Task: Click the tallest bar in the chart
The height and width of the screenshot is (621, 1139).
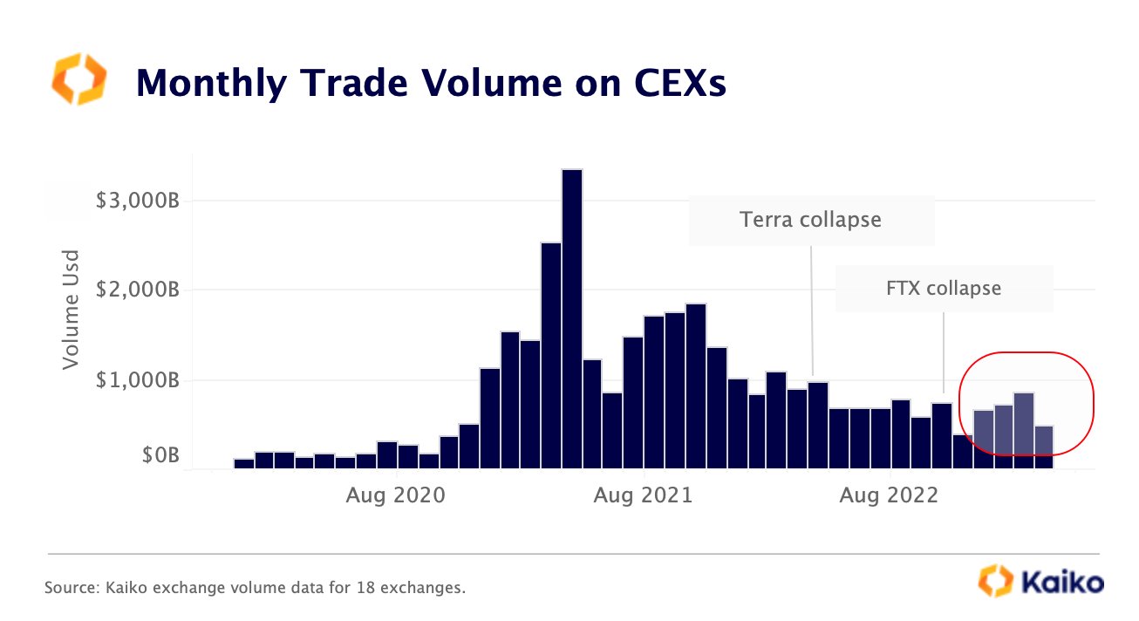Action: [572, 318]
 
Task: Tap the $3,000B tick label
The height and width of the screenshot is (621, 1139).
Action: [137, 201]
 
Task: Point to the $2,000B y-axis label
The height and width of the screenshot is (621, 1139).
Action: [137, 290]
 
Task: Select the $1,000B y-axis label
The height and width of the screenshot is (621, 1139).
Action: [137, 380]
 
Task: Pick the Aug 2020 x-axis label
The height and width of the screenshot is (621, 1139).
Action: [395, 495]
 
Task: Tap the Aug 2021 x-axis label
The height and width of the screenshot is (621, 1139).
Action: [643, 495]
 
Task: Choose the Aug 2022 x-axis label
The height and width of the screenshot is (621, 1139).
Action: [889, 495]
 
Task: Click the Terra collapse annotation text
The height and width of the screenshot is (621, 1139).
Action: [811, 219]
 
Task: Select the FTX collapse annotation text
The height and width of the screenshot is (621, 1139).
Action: [944, 287]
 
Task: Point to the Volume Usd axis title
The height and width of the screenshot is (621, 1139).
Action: [72, 309]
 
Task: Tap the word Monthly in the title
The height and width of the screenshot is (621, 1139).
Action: [210, 83]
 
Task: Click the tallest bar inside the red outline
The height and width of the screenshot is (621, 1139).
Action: [1024, 430]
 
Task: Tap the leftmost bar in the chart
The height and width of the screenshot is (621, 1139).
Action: [244, 463]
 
